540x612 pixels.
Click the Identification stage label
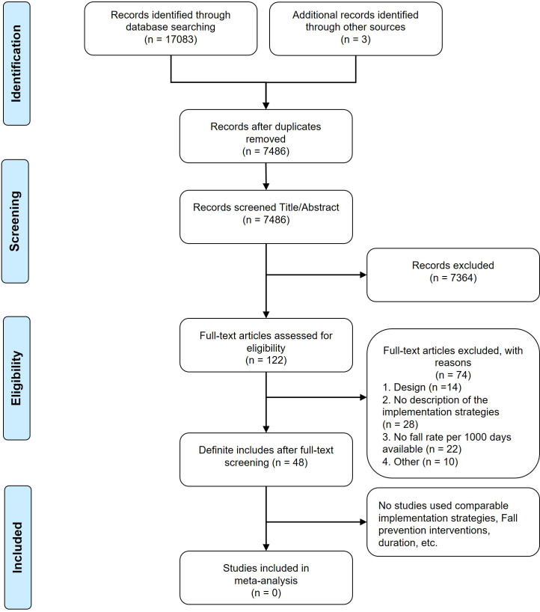(x=16, y=64)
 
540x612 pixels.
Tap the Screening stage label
(x=15, y=221)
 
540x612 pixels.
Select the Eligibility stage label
(x=16, y=379)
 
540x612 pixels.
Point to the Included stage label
(x=17, y=547)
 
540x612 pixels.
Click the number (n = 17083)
(x=171, y=40)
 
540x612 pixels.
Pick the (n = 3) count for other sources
(x=355, y=40)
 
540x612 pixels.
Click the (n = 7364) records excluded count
(x=453, y=278)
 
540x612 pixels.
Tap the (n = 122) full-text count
(x=266, y=360)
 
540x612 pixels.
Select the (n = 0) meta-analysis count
(x=266, y=593)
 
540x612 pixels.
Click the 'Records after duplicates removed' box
(x=266, y=136)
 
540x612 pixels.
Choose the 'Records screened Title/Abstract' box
(x=266, y=217)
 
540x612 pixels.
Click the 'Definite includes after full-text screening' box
(x=266, y=459)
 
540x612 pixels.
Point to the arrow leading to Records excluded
(x=316, y=275)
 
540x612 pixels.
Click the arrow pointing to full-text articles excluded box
(x=316, y=397)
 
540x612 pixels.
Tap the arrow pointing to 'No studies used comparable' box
(x=316, y=521)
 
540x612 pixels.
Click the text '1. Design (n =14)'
(x=422, y=388)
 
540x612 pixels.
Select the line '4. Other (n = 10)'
(x=420, y=462)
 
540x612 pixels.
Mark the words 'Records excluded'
(x=453, y=266)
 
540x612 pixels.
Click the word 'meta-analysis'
(x=266, y=581)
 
